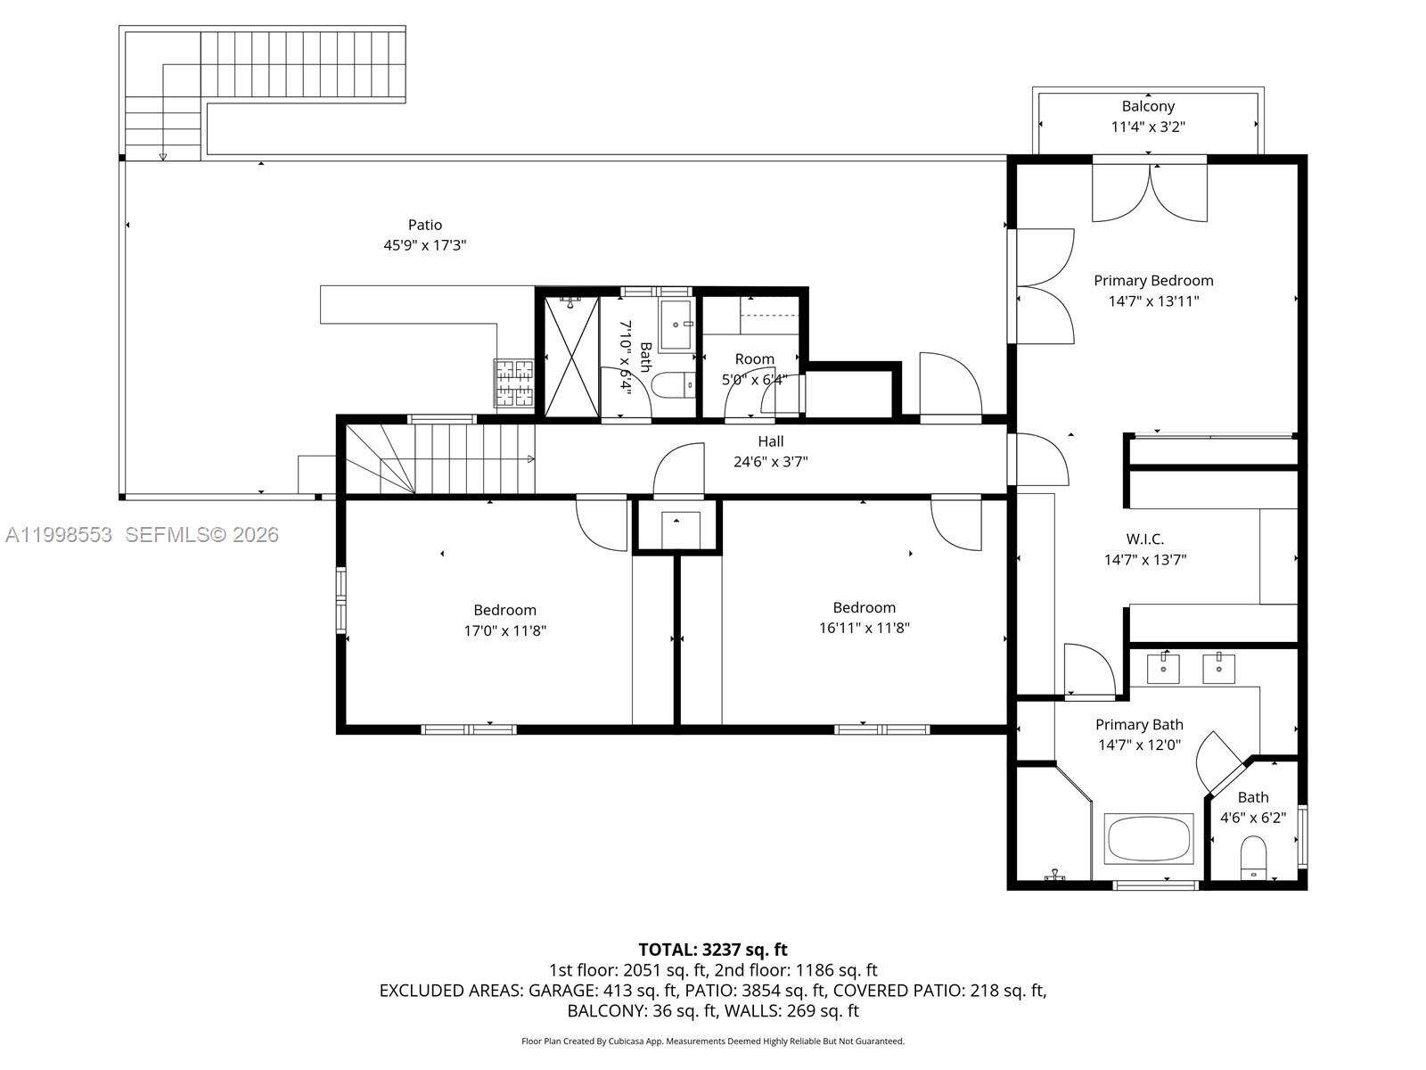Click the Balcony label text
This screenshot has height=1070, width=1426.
point(1148,106)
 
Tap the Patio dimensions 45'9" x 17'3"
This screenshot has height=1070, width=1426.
point(425,244)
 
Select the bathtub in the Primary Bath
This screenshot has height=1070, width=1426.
point(1149,838)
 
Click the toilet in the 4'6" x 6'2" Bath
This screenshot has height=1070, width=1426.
point(1253,857)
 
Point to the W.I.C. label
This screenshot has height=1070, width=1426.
point(1145,539)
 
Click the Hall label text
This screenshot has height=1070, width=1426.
point(771,441)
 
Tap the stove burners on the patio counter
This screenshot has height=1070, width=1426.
point(514,383)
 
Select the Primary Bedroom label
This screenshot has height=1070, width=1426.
point(1153,280)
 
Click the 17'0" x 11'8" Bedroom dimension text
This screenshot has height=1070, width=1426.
point(504,630)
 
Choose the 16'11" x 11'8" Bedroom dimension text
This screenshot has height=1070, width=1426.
point(864,628)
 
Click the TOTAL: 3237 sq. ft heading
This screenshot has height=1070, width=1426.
point(712,950)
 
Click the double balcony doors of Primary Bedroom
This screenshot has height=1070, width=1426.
point(1150,192)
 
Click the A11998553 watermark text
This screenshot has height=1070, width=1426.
point(59,534)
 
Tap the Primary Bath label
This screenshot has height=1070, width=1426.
point(1139,725)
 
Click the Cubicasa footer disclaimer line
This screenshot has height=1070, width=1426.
point(712,1041)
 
